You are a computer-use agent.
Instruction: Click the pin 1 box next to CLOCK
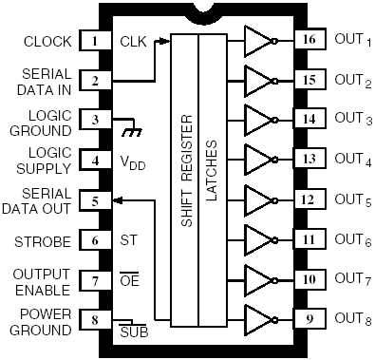[94, 41]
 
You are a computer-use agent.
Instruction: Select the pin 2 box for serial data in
[94, 81]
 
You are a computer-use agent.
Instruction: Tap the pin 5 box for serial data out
[94, 200]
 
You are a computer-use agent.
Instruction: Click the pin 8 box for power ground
[94, 320]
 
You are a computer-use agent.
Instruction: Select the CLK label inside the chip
[133, 42]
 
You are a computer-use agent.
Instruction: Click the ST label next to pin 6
[128, 241]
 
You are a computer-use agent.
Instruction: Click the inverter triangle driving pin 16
[257, 41]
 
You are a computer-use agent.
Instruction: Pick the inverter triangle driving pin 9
[257, 320]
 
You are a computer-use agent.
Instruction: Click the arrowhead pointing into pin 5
[115, 200]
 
